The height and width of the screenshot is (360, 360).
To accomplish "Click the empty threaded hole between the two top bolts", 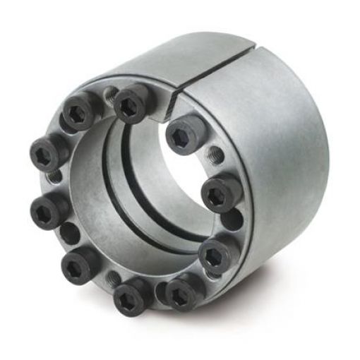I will click(x=110, y=92).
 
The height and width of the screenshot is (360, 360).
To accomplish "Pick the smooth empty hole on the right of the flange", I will click(x=228, y=222).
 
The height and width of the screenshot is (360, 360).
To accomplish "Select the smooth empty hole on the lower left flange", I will click(x=68, y=232).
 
